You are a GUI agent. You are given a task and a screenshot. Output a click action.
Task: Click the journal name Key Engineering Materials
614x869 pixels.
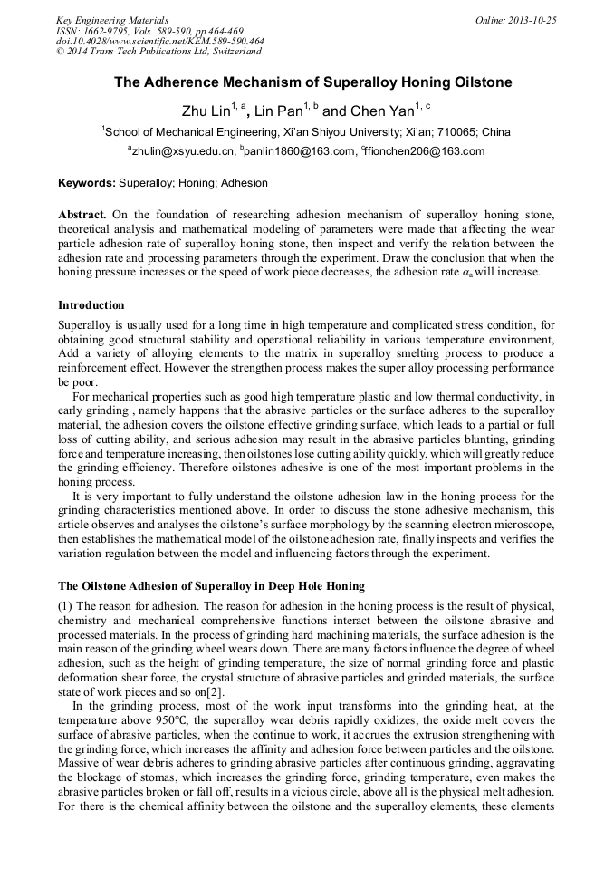click(111, 20)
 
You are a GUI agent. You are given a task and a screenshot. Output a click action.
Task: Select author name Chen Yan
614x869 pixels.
click(380, 111)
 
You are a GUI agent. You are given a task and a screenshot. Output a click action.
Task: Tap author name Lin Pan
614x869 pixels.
click(278, 111)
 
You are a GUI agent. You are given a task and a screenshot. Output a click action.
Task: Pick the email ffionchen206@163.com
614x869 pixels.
click(425, 152)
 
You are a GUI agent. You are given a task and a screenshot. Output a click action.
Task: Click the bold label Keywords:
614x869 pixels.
click(87, 183)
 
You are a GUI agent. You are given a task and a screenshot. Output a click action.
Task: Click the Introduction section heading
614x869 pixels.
click(91, 305)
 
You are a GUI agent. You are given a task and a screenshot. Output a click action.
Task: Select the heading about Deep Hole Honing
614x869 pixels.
click(211, 586)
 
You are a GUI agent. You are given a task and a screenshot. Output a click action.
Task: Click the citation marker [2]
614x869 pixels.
click(216, 692)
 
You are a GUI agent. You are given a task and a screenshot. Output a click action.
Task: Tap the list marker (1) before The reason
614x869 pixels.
click(66, 605)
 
